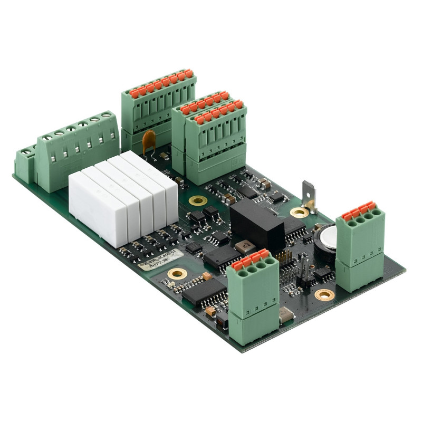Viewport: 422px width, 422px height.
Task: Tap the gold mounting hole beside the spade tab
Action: coord(299,212)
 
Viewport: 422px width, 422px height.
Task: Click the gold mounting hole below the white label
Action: coord(176,274)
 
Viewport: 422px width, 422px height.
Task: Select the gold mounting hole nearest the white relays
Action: coord(198,200)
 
